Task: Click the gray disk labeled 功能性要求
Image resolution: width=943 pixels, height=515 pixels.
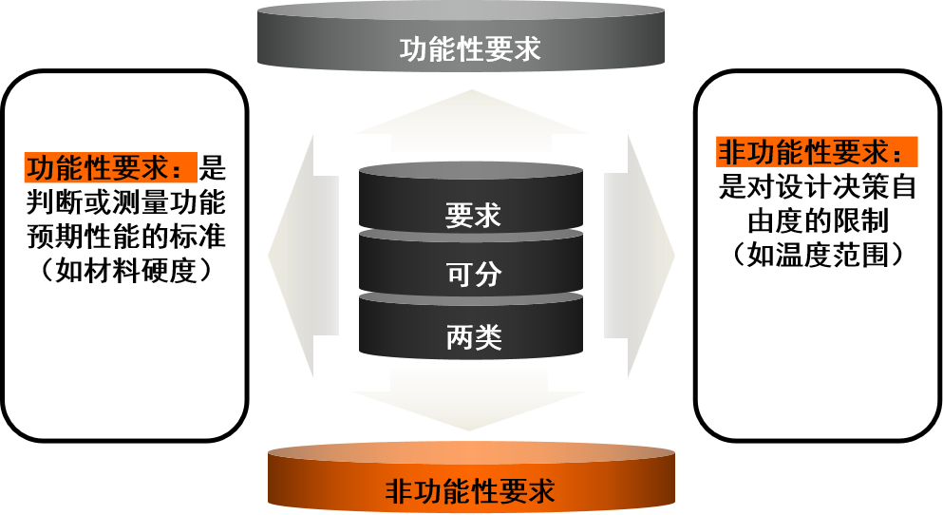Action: coord(461,38)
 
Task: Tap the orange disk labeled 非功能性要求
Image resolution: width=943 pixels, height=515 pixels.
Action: coord(471,480)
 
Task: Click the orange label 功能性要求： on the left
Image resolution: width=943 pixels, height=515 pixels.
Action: coord(110,168)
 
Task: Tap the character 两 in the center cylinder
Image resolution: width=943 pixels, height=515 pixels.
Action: coord(460,337)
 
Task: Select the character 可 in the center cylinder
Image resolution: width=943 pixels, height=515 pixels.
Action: coord(460,275)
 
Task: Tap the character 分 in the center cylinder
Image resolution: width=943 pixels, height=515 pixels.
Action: coord(487,275)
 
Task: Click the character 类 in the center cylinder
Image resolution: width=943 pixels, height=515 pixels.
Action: coord(487,337)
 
